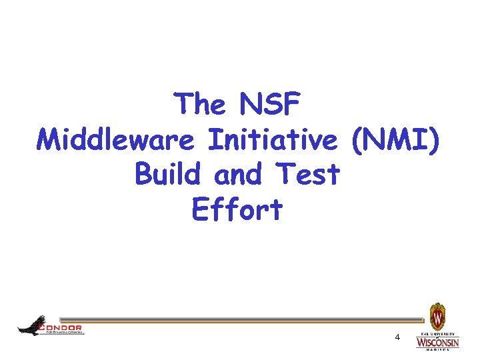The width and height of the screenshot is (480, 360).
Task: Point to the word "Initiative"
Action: tap(273, 140)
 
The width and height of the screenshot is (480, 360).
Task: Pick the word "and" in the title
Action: tap(238, 175)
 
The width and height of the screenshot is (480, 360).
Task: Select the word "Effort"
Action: tap(237, 210)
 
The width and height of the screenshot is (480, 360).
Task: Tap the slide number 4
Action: tap(397, 337)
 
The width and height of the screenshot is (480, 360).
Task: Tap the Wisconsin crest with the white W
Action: tap(437, 315)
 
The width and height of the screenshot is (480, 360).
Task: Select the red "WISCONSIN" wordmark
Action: tap(437, 342)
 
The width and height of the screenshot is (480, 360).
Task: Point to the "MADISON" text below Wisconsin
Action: tap(437, 349)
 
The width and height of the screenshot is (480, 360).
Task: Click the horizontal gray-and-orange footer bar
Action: tap(240, 321)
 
